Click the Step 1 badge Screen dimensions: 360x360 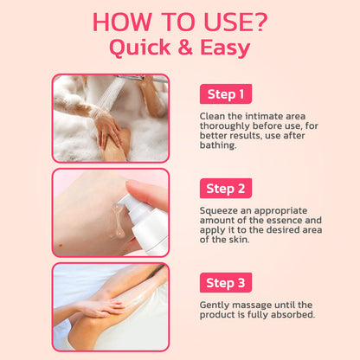(226, 94)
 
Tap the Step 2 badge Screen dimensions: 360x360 (226, 189)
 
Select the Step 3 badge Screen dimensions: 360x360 (226, 283)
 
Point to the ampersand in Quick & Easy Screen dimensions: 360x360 (185, 47)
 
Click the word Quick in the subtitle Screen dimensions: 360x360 (140, 48)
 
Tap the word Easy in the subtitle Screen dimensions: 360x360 (225, 48)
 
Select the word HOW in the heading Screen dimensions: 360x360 (122, 22)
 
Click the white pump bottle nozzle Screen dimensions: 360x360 (126, 201)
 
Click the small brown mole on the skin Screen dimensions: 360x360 (61, 246)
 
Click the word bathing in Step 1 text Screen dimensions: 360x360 (218, 145)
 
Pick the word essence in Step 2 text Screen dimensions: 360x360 (284, 221)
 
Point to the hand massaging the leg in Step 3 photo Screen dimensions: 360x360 (101, 307)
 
